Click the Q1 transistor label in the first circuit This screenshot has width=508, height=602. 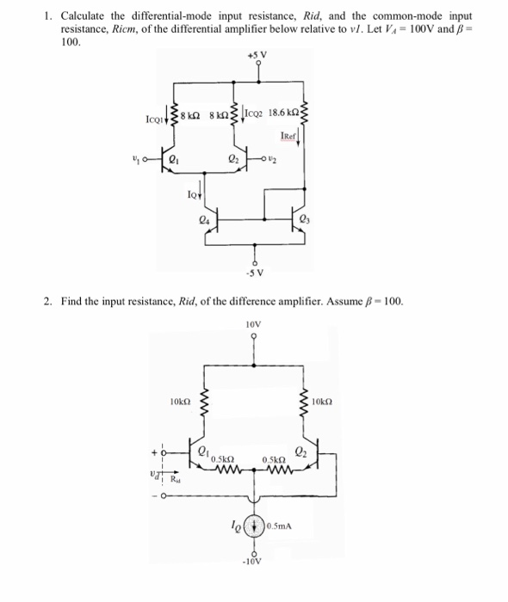[x=174, y=158]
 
